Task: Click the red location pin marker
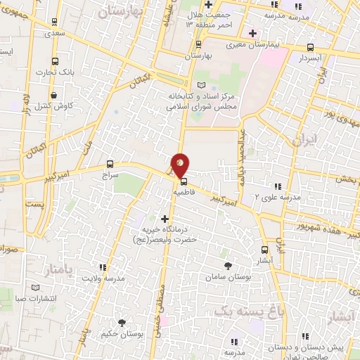pyautogui.click(x=181, y=163)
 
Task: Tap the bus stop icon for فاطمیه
pyautogui.click(x=184, y=179)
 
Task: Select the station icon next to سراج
pyautogui.click(x=109, y=163)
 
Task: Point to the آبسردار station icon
pyautogui.click(x=310, y=48)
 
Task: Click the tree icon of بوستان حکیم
pyautogui.click(x=122, y=323)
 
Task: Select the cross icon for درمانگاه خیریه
pyautogui.click(x=166, y=219)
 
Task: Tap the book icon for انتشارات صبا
pyautogui.click(x=36, y=287)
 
